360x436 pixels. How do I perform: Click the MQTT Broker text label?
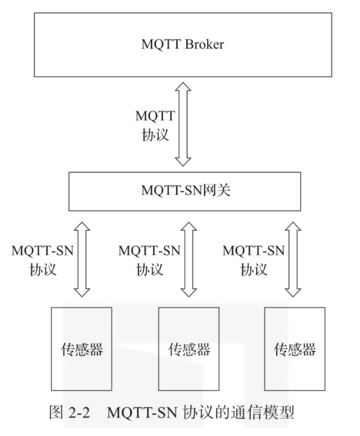click(183, 44)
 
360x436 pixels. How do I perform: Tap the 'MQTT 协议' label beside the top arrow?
click(155, 125)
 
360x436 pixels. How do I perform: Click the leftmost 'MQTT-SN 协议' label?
click(43, 260)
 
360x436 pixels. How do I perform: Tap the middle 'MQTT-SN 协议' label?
click(149, 260)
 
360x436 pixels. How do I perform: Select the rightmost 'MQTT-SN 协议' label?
click(254, 260)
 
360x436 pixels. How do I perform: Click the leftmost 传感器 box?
click(82, 348)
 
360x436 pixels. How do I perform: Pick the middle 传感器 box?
click(189, 348)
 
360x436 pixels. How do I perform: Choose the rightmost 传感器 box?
click(295, 348)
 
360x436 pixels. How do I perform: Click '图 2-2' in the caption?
click(69, 414)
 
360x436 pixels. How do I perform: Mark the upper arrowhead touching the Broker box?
click(183, 86)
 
